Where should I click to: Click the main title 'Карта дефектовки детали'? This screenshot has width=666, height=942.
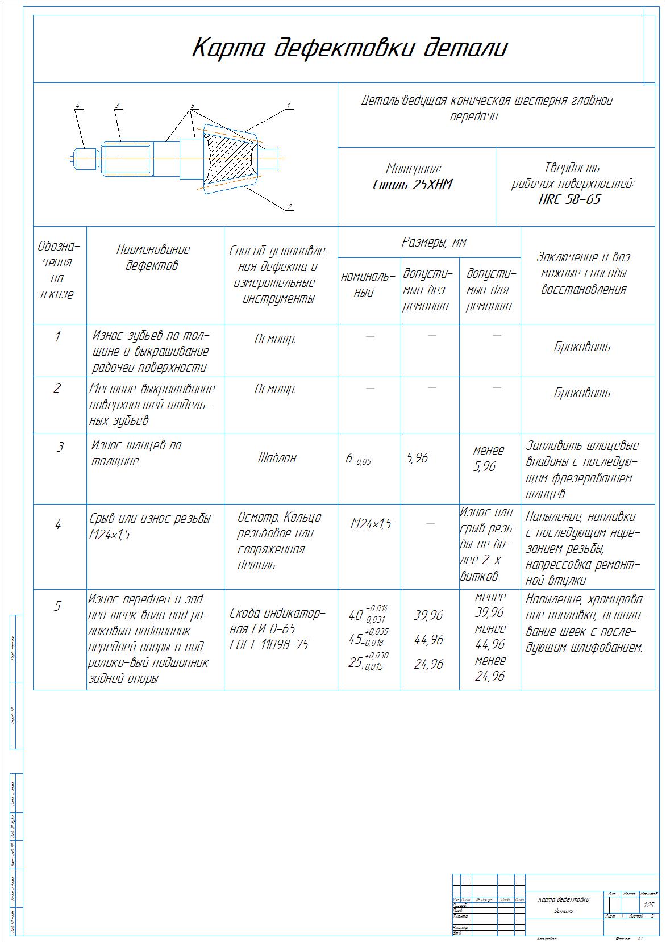(x=349, y=48)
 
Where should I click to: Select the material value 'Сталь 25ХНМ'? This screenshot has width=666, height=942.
(x=413, y=185)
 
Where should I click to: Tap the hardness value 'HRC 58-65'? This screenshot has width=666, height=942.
(x=569, y=199)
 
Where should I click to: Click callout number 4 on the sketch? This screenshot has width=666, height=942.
(x=78, y=106)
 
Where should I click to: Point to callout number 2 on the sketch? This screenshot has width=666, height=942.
(x=289, y=207)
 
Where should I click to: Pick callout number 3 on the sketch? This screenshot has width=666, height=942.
(x=117, y=106)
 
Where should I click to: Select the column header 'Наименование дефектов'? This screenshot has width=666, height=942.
(x=153, y=257)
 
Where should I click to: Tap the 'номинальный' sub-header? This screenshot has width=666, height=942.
(x=368, y=285)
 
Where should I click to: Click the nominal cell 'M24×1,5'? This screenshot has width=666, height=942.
(x=371, y=524)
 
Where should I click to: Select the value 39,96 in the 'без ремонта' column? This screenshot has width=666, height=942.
(x=428, y=615)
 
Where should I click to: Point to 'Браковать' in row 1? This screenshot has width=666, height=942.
(x=582, y=347)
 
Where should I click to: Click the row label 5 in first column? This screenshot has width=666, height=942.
(x=57, y=606)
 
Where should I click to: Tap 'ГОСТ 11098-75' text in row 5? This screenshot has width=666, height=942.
(x=269, y=645)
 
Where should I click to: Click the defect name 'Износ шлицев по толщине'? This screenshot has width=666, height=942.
(x=136, y=453)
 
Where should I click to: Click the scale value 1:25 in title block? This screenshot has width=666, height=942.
(x=648, y=905)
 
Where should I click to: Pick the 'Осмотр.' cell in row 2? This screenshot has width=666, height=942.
(x=275, y=389)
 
